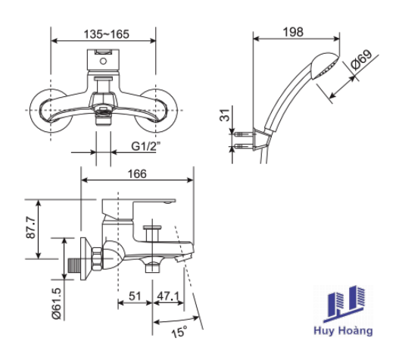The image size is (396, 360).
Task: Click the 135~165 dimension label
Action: [106, 34]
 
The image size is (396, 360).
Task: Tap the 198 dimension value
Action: [293, 32]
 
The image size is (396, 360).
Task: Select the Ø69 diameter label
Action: [362, 59]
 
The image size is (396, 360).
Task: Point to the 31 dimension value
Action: [225, 115]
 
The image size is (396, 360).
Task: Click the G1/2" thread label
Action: [146, 146]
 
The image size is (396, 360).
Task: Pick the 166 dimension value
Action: [137, 174]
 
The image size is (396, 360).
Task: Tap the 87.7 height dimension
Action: [31, 227]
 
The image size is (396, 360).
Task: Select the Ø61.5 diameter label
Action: [56, 304]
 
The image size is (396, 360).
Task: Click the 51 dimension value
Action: [135, 296]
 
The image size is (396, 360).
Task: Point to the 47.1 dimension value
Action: [168, 296]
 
